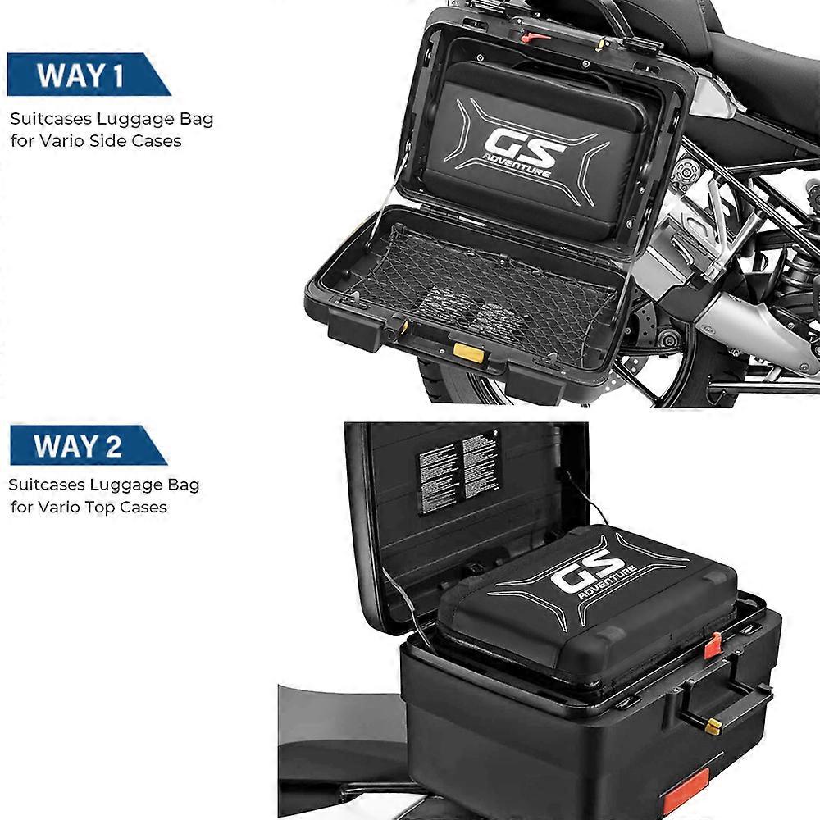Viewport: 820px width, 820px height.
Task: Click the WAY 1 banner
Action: [x=82, y=75]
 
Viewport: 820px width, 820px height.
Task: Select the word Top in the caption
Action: [x=102, y=507]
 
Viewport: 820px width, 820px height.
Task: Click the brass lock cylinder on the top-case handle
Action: [x=713, y=726]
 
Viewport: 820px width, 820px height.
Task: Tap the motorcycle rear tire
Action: [x=459, y=385]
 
